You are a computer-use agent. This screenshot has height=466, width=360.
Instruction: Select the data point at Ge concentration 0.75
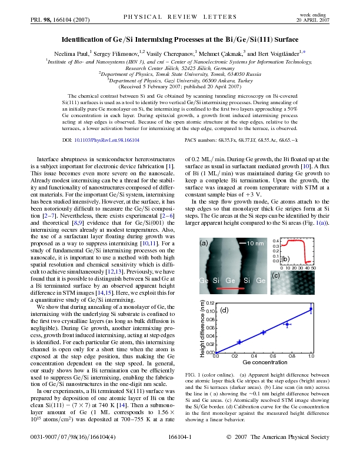point(287,324)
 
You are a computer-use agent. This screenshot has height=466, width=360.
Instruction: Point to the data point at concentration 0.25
point(239,341)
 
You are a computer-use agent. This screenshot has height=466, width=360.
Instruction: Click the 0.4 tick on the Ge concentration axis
point(254,357)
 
